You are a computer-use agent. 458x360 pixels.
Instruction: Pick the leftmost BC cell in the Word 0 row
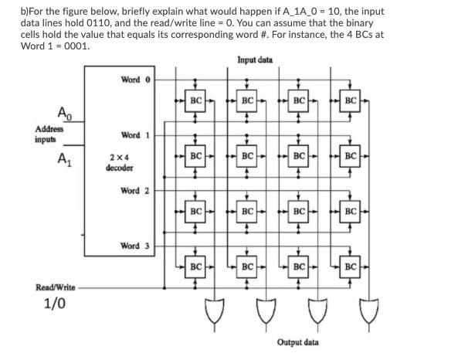(195, 100)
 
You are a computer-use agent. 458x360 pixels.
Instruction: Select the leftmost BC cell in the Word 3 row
(195, 267)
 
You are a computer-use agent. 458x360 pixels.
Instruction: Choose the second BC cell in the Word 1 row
(247, 155)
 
